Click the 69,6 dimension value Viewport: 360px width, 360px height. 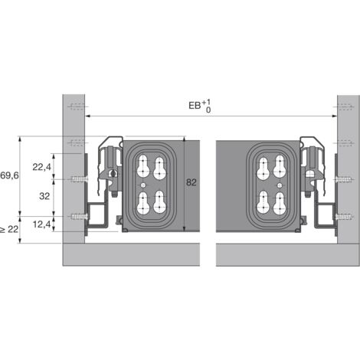click(9, 175)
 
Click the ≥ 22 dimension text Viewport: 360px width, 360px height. click(9, 229)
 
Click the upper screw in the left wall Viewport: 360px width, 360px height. click(78, 181)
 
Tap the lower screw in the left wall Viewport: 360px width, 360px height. click(78, 217)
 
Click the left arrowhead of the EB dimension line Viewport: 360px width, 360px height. click(87, 116)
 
